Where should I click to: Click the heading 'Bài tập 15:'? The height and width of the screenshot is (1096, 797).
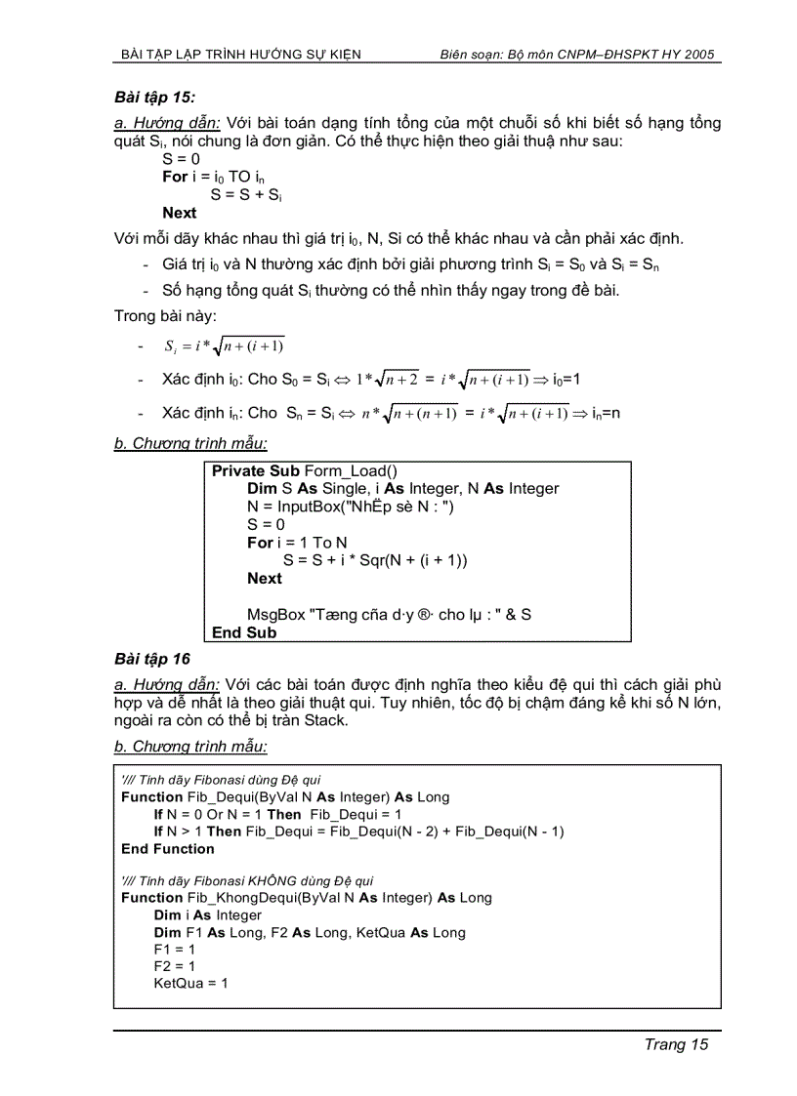154,97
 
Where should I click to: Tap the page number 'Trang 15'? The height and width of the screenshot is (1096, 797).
675,1044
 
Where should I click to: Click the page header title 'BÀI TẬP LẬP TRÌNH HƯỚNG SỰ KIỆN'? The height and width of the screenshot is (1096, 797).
239,55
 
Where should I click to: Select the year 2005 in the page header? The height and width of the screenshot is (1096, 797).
703,55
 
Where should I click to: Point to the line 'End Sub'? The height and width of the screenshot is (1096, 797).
244,632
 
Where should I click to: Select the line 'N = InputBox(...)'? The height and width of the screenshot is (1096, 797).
351,507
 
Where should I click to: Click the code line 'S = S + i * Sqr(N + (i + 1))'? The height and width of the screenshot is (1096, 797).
375,560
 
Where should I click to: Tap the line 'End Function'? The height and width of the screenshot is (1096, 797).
168,849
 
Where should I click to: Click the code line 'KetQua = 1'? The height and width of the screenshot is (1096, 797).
190,983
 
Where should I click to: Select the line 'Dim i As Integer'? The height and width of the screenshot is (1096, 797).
208,915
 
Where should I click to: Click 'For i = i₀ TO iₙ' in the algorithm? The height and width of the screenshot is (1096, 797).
213,177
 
